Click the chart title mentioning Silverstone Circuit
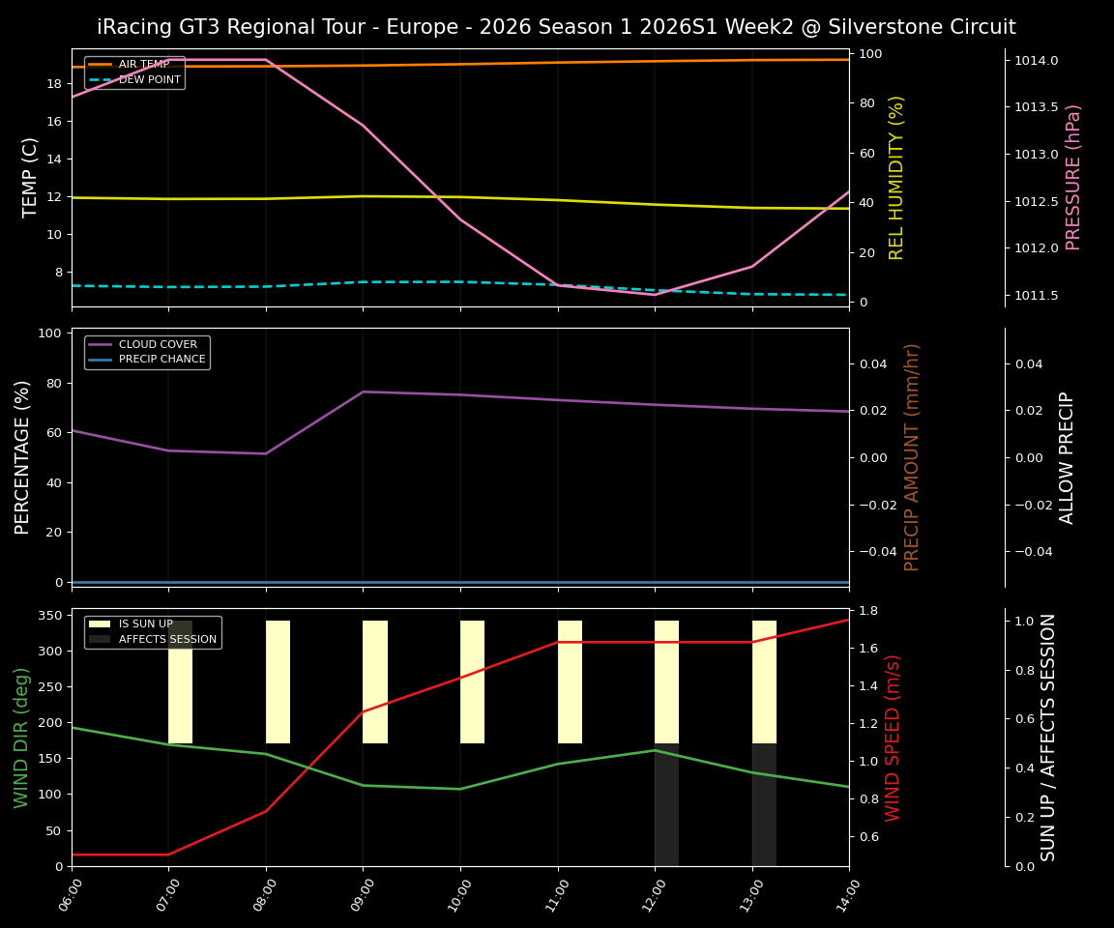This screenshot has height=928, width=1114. (556, 27)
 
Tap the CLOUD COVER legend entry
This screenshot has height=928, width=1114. (157, 345)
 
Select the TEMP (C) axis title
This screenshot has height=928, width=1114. (31, 177)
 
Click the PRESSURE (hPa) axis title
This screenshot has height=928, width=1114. (1073, 177)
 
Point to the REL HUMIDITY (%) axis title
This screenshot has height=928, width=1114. (896, 177)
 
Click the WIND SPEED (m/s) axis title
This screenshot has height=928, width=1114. (893, 738)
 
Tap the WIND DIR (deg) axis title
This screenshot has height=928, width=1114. (21, 738)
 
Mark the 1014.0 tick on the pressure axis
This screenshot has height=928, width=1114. (1036, 61)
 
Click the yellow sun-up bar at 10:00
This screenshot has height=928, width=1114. (472, 681)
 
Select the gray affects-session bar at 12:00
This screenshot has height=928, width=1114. (666, 804)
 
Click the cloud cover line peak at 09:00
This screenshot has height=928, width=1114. (363, 391)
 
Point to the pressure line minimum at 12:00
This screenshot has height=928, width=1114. (655, 295)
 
